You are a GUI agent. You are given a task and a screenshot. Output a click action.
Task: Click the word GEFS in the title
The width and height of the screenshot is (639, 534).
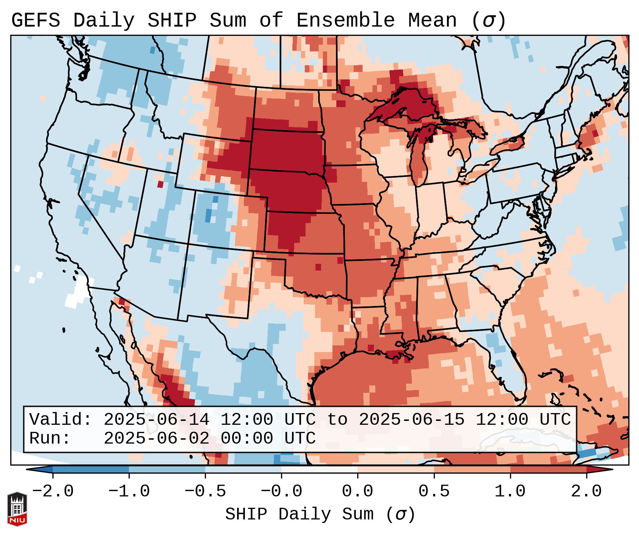coord(35,21)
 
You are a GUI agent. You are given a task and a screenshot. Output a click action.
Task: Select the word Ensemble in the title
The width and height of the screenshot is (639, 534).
coord(345,21)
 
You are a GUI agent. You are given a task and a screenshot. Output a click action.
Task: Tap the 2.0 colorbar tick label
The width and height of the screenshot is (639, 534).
coord(586,492)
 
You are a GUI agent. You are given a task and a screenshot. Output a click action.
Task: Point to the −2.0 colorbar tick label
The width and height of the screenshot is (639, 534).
coord(52,492)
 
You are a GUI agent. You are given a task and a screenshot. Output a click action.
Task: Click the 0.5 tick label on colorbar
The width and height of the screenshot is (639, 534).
coord(434,492)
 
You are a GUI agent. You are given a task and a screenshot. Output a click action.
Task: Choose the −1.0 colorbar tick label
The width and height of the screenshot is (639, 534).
coord(129,492)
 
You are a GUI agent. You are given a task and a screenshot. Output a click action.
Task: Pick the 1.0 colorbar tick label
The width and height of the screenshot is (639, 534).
coord(510,492)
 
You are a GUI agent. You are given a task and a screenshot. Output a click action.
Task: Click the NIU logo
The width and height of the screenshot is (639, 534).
coord(17,509)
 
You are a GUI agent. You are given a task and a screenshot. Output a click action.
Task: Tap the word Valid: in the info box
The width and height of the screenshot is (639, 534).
coord(61,419)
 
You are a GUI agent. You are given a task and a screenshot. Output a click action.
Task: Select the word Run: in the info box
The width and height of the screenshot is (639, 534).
coord(50,438)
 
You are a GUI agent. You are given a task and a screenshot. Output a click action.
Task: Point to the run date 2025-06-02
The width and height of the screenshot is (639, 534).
coord(156,438)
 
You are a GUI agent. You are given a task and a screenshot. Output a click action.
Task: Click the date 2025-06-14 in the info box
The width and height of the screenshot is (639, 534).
coord(156,419)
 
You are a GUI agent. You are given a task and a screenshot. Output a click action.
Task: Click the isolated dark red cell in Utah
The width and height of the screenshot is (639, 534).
coord(160,184)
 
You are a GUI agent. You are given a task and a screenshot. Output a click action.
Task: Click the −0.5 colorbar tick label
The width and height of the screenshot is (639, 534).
coord(205,492)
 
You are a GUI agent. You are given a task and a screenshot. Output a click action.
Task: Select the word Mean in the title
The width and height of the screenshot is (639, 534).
coord(432,21)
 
